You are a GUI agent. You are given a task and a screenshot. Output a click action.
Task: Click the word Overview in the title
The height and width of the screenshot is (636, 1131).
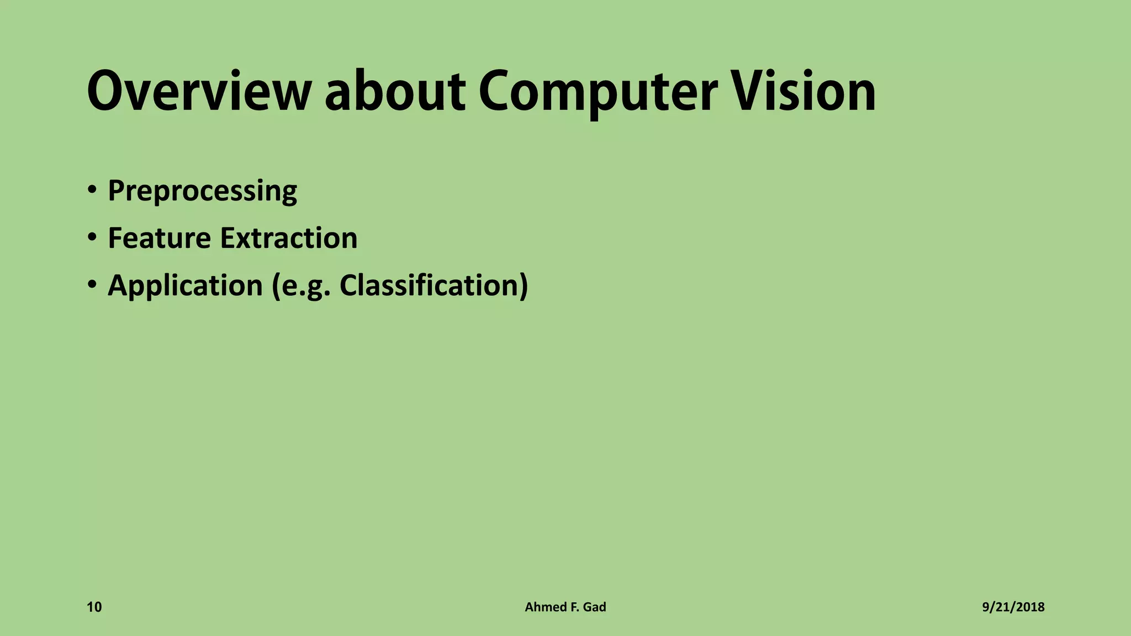click(199, 92)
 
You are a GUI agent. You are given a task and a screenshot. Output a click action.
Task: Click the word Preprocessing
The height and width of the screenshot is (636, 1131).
click(202, 191)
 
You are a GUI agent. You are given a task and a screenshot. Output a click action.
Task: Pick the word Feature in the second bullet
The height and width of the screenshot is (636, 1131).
click(159, 238)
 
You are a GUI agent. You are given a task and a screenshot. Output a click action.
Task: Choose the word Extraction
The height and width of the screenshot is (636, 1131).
click(288, 238)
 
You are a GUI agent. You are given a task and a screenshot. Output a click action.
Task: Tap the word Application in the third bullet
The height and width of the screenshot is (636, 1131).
click(185, 286)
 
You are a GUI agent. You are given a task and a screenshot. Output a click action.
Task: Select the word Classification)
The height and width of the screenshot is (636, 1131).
click(434, 286)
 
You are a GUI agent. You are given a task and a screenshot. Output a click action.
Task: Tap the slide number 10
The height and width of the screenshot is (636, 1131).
click(94, 607)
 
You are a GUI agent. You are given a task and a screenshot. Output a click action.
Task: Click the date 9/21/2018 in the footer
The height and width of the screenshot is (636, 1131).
click(1013, 607)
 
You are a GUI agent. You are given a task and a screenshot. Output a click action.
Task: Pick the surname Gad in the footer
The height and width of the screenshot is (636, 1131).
click(595, 607)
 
